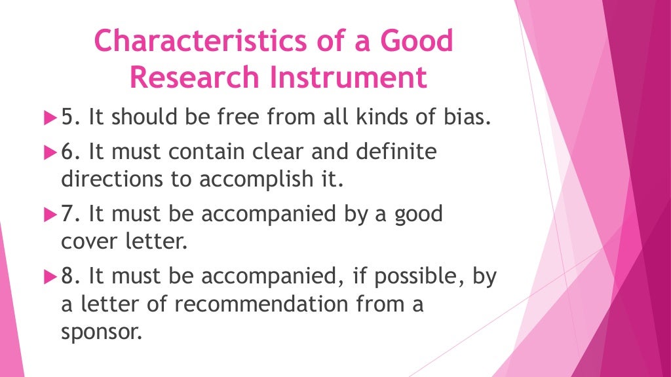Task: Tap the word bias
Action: coord(468,119)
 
